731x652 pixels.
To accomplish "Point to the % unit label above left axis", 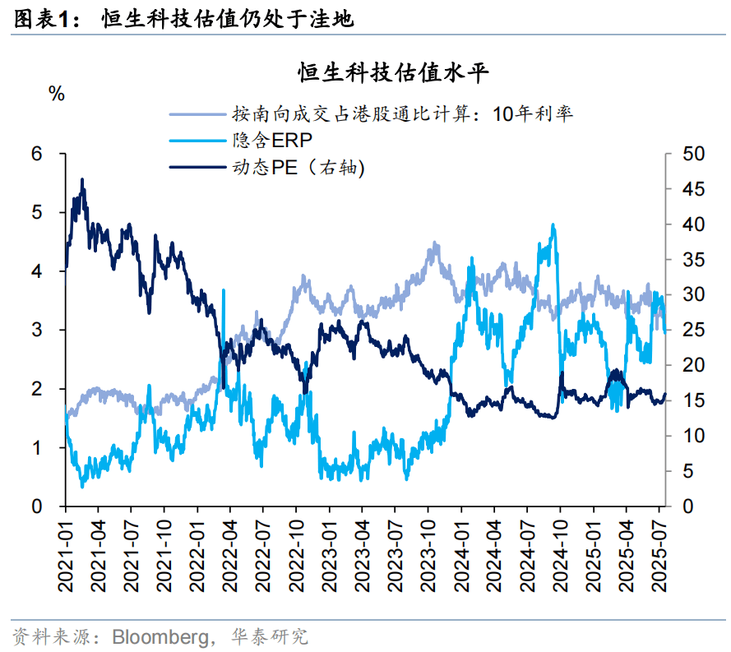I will tap(57, 94).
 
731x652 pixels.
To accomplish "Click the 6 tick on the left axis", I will tap(37, 154).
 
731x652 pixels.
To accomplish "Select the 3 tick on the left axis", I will tap(37, 331).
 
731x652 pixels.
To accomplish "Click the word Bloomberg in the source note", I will tap(162, 636).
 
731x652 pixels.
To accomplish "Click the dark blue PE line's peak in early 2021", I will tap(81, 179).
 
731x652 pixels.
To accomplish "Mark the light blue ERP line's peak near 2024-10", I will tap(553, 224).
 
